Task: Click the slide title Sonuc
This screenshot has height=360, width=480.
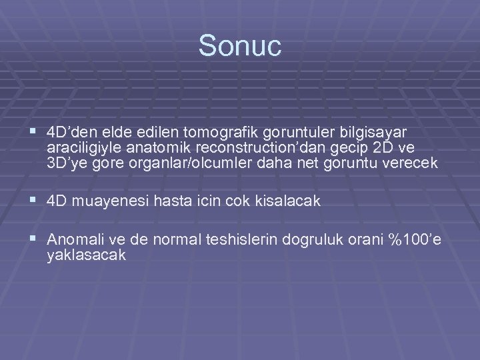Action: [240, 46]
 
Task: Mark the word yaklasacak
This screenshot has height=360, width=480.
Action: [87, 255]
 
